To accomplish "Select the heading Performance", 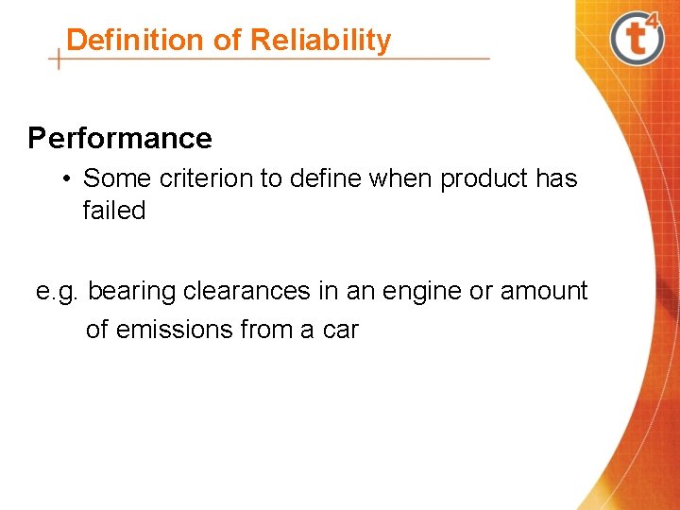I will [120, 139].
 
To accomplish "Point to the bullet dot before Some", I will [69, 178].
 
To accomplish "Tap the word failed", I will [114, 211].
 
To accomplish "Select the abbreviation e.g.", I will [58, 292].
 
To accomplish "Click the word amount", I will [544, 292].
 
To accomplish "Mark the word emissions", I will [174, 330].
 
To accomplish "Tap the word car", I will [339, 330].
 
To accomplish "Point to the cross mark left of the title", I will [59, 59].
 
